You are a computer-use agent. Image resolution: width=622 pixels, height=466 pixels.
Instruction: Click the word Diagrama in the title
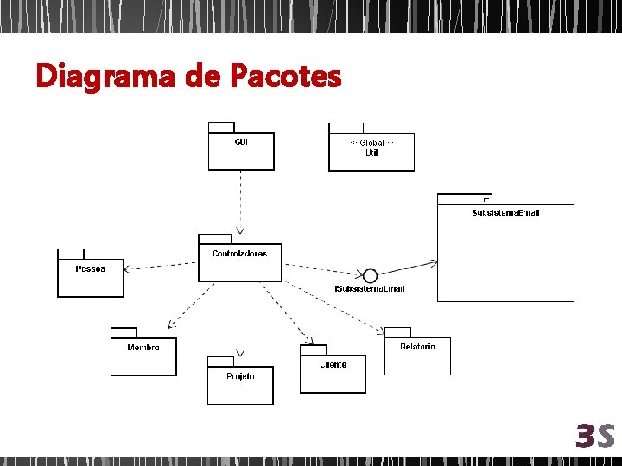[x=104, y=77]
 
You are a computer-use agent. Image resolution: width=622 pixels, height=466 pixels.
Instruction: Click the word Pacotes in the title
[x=285, y=77]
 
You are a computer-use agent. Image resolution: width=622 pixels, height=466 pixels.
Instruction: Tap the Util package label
[x=371, y=153]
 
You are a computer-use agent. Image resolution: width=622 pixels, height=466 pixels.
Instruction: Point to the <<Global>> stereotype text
[x=371, y=142]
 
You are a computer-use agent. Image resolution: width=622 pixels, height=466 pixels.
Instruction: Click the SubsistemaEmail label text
[x=505, y=212]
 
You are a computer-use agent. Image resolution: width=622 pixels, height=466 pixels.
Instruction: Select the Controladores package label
[x=239, y=254]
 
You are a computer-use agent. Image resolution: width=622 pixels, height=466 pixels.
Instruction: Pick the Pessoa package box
[x=90, y=278]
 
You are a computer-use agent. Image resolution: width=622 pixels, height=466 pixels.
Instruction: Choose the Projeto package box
[x=239, y=385]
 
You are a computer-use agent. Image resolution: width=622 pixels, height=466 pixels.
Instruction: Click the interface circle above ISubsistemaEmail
[x=370, y=275]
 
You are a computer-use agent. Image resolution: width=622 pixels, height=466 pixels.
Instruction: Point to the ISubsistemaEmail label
[x=369, y=288]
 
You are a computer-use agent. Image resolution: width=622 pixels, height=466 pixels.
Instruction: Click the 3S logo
[x=595, y=436]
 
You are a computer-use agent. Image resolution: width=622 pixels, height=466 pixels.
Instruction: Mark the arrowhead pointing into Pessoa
[x=128, y=269]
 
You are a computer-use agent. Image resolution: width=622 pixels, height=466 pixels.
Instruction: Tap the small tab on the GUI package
[x=221, y=127]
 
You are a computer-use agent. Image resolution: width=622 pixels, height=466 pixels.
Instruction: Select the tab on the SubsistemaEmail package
[x=464, y=198]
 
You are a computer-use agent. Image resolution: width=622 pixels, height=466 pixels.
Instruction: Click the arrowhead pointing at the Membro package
[x=171, y=324]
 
